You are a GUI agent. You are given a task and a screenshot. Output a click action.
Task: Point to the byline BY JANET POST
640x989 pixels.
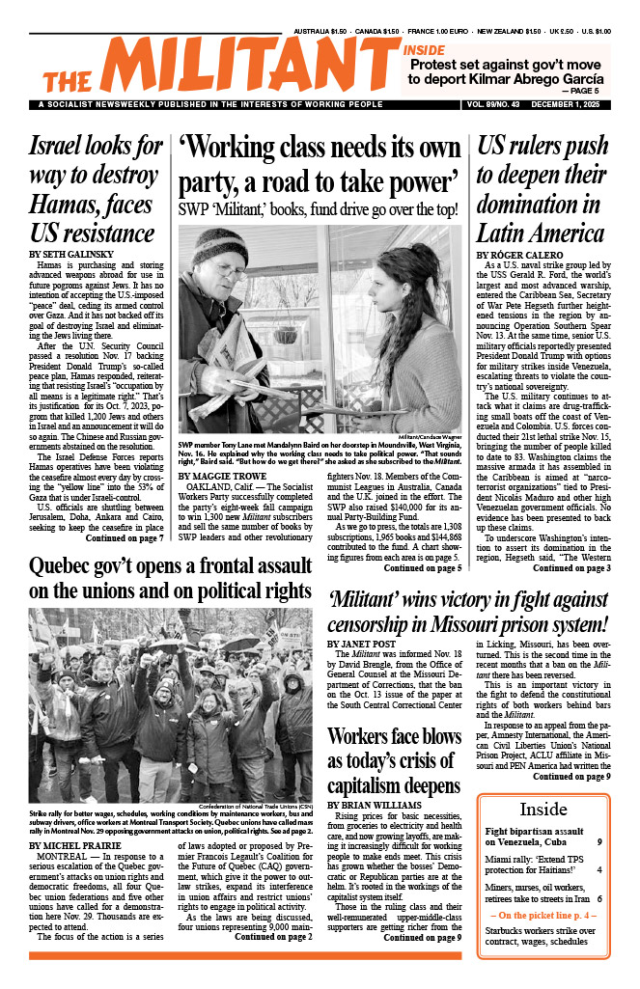click(365, 644)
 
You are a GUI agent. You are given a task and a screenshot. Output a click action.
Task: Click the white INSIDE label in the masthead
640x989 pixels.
click(425, 50)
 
